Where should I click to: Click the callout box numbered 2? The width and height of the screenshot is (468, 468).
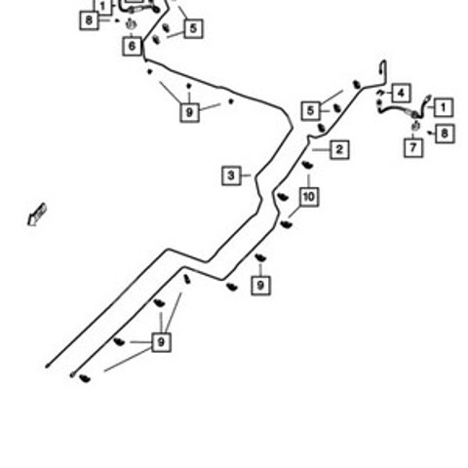pyautogui.click(x=339, y=150)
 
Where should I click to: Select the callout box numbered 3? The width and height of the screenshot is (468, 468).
pyautogui.click(x=231, y=175)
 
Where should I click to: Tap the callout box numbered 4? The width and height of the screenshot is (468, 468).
pyautogui.click(x=401, y=94)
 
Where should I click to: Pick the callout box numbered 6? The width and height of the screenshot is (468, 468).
pyautogui.click(x=133, y=46)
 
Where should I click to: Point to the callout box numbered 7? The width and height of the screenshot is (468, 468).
pyautogui.click(x=413, y=148)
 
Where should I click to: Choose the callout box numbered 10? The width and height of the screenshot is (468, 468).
pyautogui.click(x=309, y=197)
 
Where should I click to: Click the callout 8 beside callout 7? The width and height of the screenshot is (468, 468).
pyautogui.click(x=445, y=134)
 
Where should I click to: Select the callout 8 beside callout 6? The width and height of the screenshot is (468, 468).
pyautogui.click(x=89, y=20)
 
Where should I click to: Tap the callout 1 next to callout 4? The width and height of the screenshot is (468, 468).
pyautogui.click(x=444, y=107)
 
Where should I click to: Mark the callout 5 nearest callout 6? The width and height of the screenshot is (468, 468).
pyautogui.click(x=194, y=28)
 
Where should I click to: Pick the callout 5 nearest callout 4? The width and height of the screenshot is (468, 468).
pyautogui.click(x=311, y=111)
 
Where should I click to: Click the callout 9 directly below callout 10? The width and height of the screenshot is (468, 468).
pyautogui.click(x=261, y=286)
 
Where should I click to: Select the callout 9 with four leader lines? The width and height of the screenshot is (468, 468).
pyautogui.click(x=161, y=342)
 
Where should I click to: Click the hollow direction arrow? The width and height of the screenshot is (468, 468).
pyautogui.click(x=37, y=214)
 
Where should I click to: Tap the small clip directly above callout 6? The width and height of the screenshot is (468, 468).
pyautogui.click(x=131, y=24)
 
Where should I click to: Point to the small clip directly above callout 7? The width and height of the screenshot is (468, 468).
pyautogui.click(x=415, y=126)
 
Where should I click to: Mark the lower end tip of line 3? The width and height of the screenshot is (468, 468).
pyautogui.click(x=47, y=367)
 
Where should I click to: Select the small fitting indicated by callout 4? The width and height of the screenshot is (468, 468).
pyautogui.click(x=380, y=94)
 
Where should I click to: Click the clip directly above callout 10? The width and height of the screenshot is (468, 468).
pyautogui.click(x=307, y=165)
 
